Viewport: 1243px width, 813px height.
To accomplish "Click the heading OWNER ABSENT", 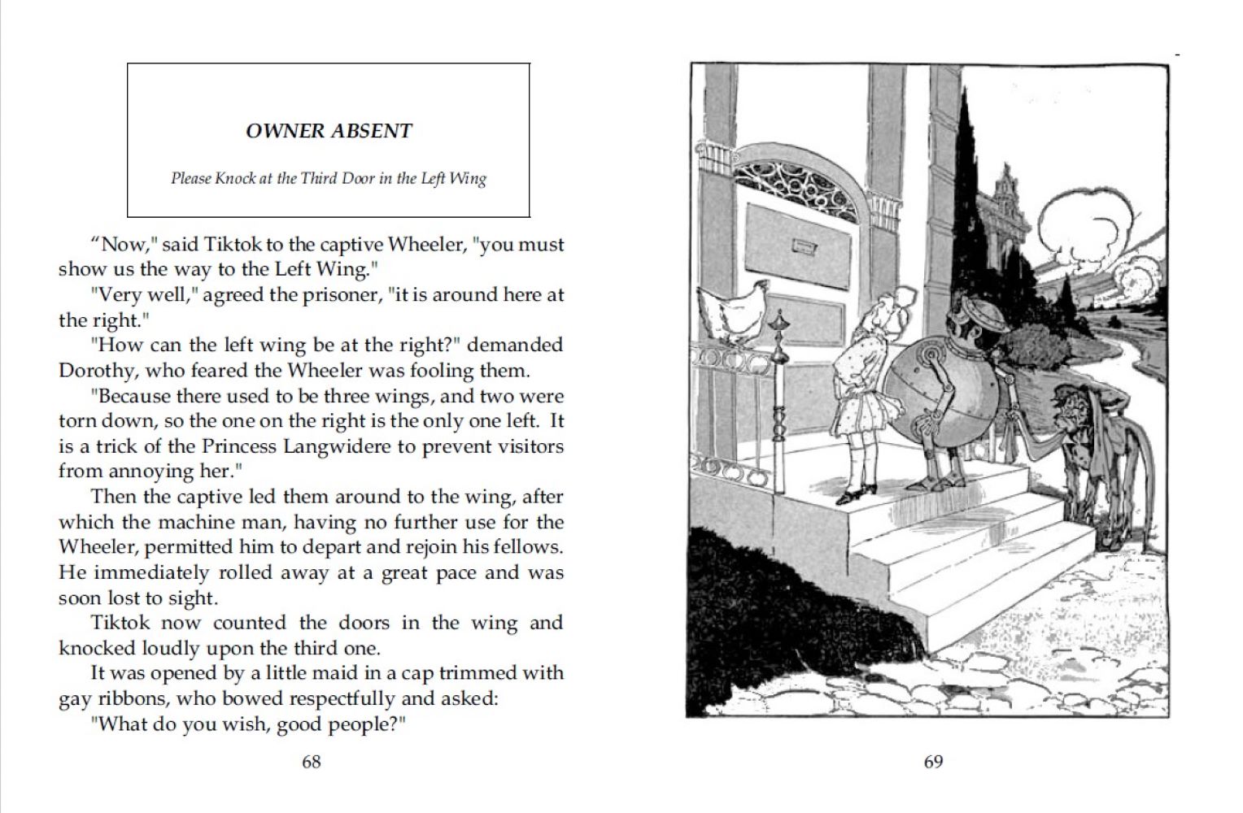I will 329,131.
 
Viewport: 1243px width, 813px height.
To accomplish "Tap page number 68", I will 312,762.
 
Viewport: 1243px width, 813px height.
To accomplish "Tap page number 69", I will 933,762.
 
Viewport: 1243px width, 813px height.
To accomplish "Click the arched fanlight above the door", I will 796,191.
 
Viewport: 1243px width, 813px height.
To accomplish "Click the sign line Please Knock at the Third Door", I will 329,178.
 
